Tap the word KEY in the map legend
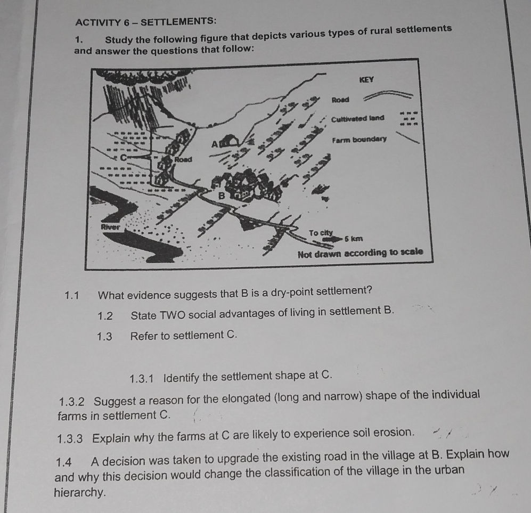pos(367,80)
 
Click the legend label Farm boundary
pos(358,140)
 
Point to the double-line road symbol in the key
pos(388,95)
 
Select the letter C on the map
pos(124,158)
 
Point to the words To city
pos(321,233)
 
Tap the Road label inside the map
pos(183,159)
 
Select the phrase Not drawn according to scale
pos(361,251)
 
